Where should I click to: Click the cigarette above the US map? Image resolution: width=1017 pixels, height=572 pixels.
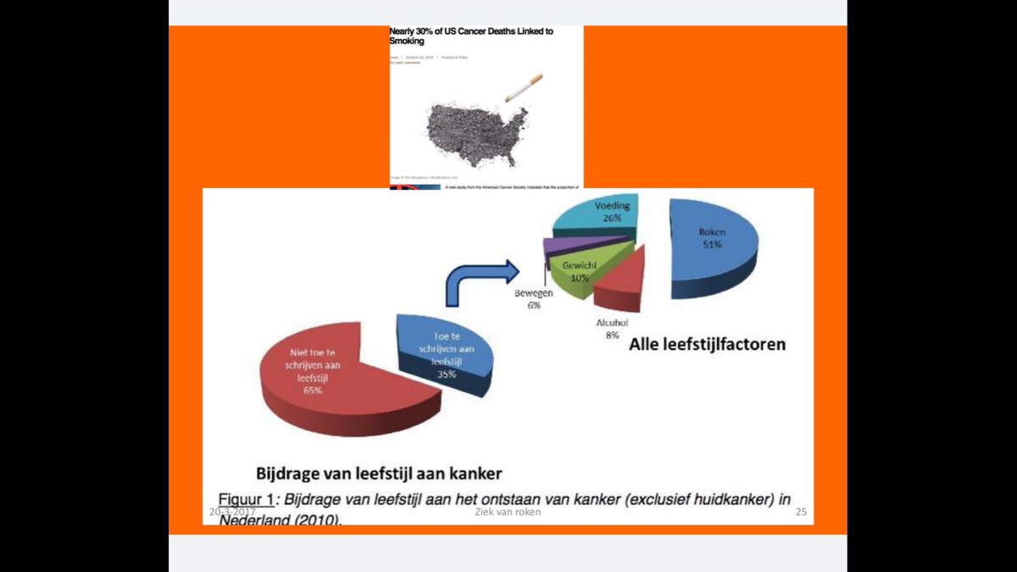524,87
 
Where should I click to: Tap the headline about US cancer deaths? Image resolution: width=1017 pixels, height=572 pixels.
470,36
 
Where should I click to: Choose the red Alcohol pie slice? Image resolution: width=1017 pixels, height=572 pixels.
624,280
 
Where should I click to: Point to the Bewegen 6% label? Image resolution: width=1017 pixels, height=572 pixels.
534,299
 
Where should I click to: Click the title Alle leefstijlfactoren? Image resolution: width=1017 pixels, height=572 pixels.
707,345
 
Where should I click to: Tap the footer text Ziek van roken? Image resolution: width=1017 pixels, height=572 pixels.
508,513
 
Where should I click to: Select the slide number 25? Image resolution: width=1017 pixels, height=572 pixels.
801,513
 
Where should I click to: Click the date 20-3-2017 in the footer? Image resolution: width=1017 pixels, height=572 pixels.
233,513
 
